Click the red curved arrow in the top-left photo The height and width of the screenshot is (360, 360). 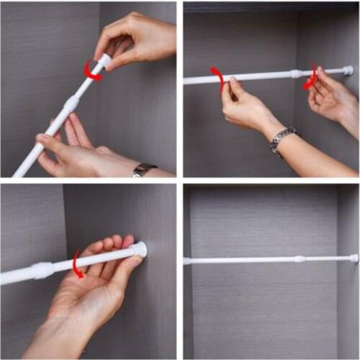tap(91, 71)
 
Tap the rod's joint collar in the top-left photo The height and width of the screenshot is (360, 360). tap(71, 104)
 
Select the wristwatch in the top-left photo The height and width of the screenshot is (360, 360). tap(143, 169)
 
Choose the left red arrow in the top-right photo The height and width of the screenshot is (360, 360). tap(217, 78)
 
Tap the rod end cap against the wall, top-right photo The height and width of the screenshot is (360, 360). tap(348, 71)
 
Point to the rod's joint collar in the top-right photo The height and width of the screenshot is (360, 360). tap(296, 73)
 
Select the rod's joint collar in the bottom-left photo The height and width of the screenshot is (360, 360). tap(42, 270)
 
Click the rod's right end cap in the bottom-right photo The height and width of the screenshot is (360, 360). tap(354, 258)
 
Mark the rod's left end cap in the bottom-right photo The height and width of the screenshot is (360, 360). tap(187, 261)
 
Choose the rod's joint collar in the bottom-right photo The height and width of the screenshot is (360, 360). tap(299, 258)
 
